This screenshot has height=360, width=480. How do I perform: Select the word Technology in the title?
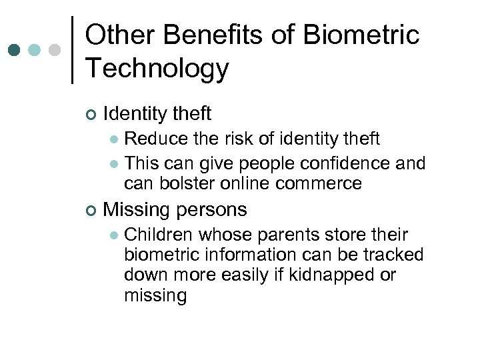(x=157, y=68)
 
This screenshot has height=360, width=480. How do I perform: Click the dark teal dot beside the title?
(x=15, y=50)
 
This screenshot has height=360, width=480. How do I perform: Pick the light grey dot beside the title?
(x=55, y=50)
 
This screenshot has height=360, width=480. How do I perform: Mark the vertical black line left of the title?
(x=72, y=50)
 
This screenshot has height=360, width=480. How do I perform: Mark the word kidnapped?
(x=331, y=275)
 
